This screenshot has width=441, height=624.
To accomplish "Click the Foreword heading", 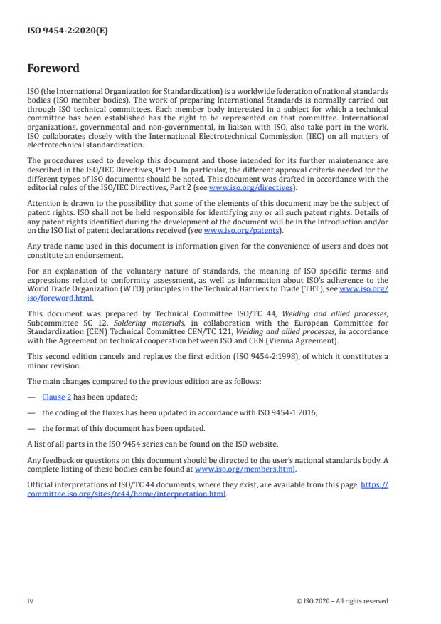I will pyautogui.click(x=53, y=69).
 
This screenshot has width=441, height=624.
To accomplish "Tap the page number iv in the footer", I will pyautogui.click(x=31, y=600).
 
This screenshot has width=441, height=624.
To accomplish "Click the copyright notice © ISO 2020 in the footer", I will pyautogui.click(x=342, y=600).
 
